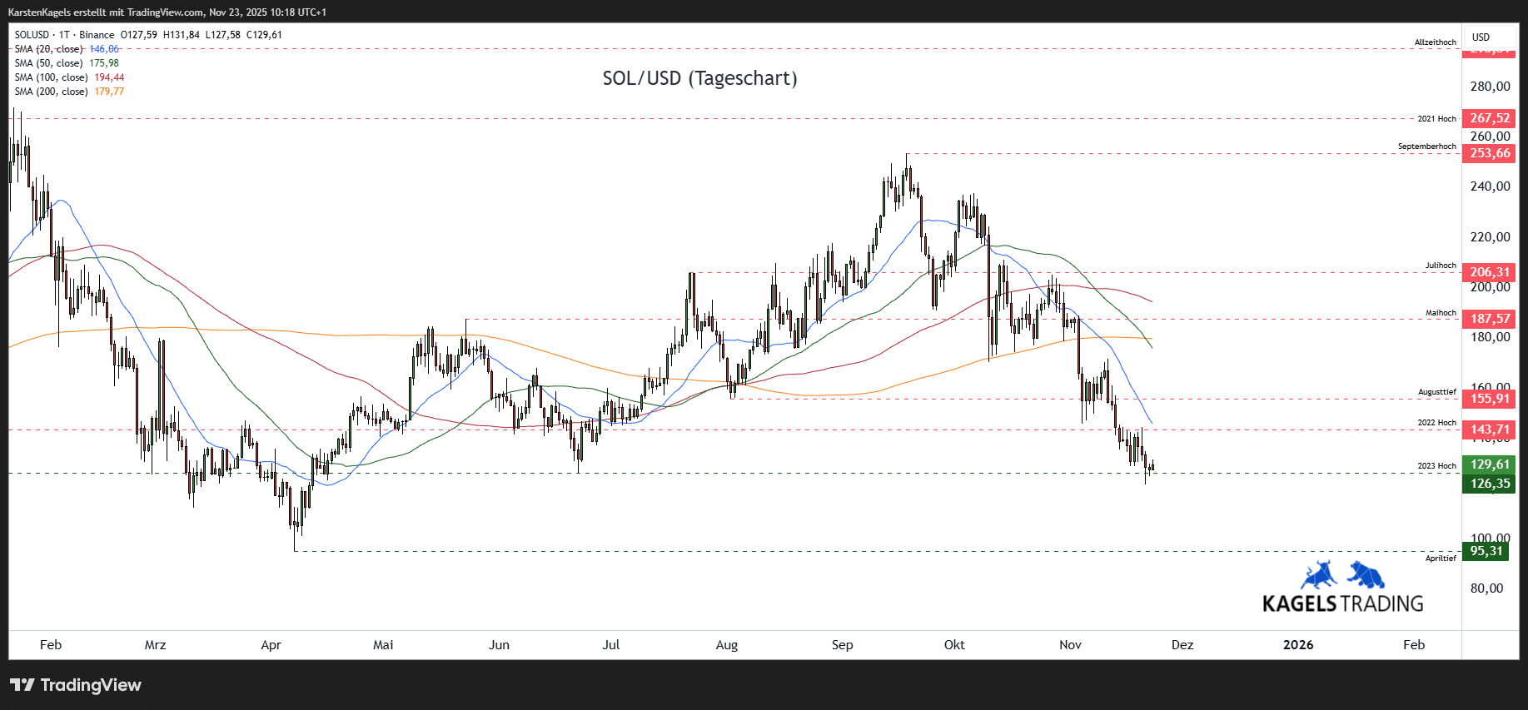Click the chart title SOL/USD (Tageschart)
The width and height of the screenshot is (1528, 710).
pyautogui.click(x=699, y=78)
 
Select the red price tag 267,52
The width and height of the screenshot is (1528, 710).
pyautogui.click(x=1489, y=118)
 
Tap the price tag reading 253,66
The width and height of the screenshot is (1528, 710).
pyautogui.click(x=1489, y=153)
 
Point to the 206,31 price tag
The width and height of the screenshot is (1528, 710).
pyautogui.click(x=1489, y=272)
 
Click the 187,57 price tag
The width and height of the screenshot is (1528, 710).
pyautogui.click(x=1489, y=319)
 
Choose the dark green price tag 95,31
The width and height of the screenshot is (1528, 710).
pyautogui.click(x=1486, y=551)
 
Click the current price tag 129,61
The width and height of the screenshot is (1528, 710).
pyautogui.click(x=1489, y=464)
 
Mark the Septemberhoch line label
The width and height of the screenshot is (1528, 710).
pyautogui.click(x=1426, y=146)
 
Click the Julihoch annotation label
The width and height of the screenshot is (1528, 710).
pyautogui.click(x=1441, y=266)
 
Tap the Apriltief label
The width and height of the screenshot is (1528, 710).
pyautogui.click(x=1441, y=559)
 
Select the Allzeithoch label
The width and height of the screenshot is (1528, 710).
pyautogui.click(x=1435, y=42)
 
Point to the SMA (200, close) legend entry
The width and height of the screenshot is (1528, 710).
pyautogui.click(x=69, y=92)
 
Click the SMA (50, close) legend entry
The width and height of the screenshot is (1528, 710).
pyautogui.click(x=67, y=63)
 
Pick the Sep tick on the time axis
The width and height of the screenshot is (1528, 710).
pyautogui.click(x=842, y=645)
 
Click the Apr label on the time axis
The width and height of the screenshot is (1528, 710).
pyautogui.click(x=271, y=645)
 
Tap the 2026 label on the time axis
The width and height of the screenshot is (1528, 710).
pyautogui.click(x=1297, y=645)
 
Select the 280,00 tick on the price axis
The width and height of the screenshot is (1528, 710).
pyautogui.click(x=1490, y=87)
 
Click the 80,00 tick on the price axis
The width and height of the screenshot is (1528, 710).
pyautogui.click(x=1486, y=588)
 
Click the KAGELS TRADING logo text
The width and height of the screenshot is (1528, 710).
pyautogui.click(x=1342, y=603)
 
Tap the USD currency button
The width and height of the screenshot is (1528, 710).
pyautogui.click(x=1481, y=37)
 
